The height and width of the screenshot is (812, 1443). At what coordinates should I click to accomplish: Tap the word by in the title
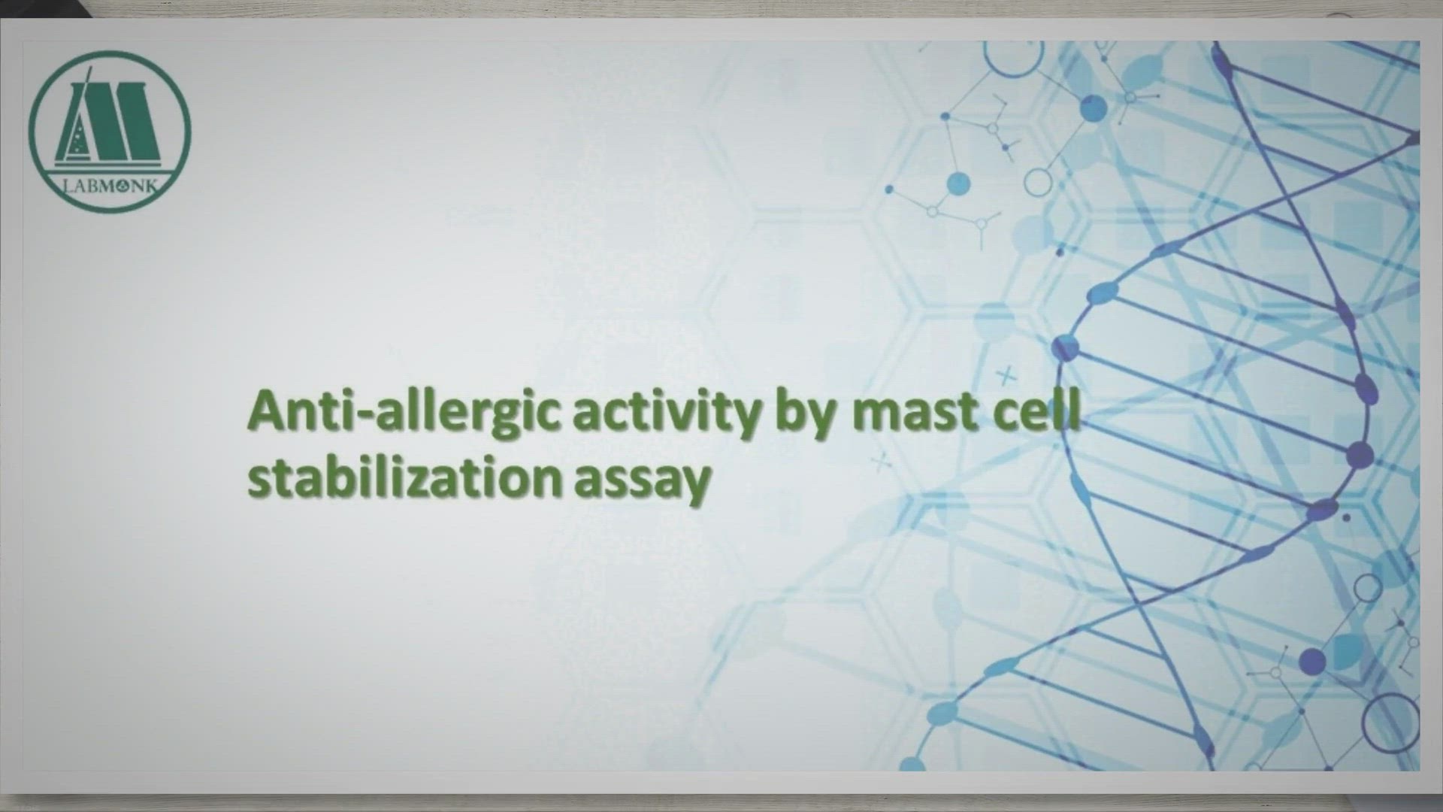[x=805, y=411]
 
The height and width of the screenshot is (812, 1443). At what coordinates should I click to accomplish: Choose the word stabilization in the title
[x=404, y=478]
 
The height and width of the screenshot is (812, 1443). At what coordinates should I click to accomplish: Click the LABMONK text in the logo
[x=110, y=186]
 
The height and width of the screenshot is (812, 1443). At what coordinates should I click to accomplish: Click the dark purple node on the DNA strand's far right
[x=1360, y=455]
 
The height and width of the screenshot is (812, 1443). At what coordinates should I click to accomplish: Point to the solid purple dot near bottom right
[x=1312, y=661]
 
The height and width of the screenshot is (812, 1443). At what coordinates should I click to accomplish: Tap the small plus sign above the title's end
[x=1006, y=374]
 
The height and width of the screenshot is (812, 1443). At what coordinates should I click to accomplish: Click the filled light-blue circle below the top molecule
[x=958, y=183]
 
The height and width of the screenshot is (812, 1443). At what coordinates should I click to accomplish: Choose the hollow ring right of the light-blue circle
[x=1038, y=183]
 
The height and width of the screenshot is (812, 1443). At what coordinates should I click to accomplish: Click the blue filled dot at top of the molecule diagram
[x=1094, y=108]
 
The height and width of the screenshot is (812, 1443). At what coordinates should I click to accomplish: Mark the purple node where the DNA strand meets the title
[x=1065, y=348]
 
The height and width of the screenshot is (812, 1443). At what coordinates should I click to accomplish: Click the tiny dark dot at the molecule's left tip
[x=889, y=189]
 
